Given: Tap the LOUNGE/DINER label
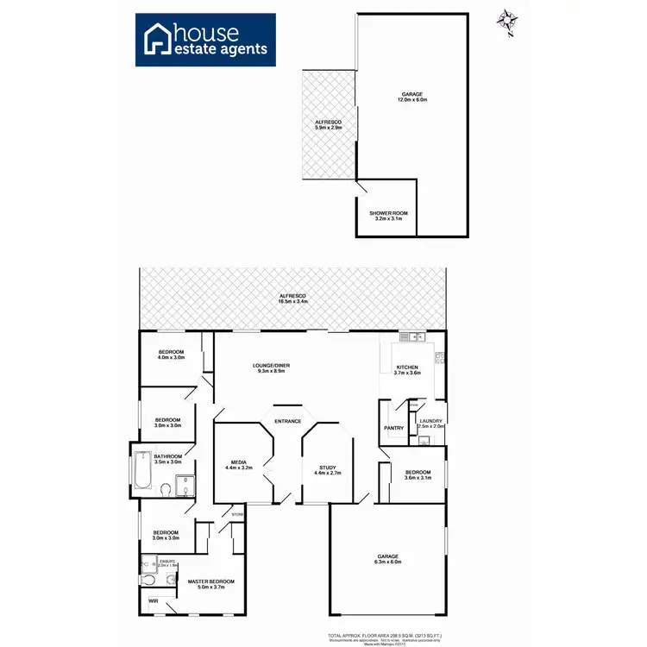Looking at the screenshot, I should click(x=271, y=366).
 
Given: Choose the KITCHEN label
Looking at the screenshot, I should click(x=407, y=367).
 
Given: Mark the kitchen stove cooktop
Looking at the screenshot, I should click(x=440, y=356).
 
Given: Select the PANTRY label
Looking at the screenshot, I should click(x=393, y=428).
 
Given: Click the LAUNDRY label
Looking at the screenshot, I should click(x=430, y=421).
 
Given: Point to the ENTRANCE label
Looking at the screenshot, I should click(x=287, y=421).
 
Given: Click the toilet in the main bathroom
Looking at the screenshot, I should click(x=165, y=491).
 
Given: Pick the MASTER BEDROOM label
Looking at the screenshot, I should click(x=211, y=581).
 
